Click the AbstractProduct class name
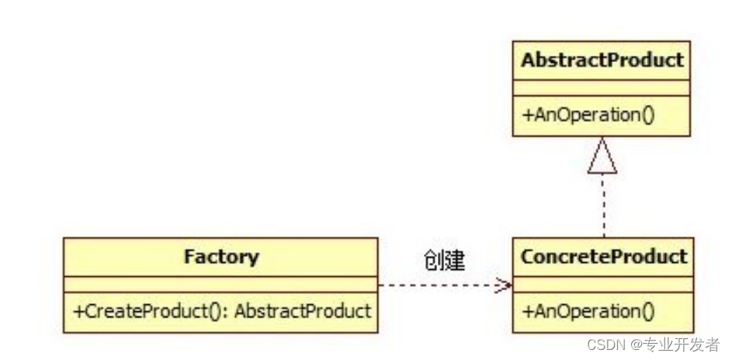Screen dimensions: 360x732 click(602, 61)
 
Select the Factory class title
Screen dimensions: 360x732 click(221, 256)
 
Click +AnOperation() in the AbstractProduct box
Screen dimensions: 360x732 click(588, 116)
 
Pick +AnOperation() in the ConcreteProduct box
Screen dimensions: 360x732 click(588, 312)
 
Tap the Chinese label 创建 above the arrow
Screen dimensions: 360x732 click(445, 261)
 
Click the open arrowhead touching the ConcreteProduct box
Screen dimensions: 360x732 click(505, 286)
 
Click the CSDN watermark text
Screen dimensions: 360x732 click(605, 344)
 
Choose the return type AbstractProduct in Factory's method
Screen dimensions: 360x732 click(303, 312)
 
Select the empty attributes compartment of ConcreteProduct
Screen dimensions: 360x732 click(602, 284)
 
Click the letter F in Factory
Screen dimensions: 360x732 click(189, 256)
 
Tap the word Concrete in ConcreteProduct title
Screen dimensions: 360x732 click(554, 256)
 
